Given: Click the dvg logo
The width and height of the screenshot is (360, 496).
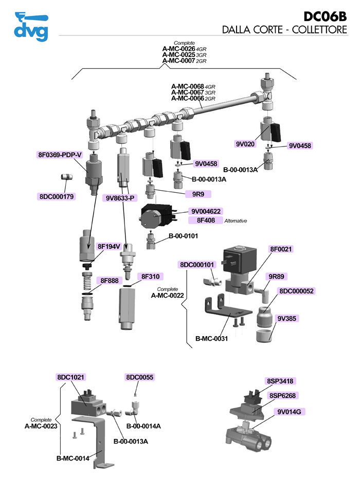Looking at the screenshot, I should (x=31, y=26).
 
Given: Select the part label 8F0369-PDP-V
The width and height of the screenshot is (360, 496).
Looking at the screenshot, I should (x=60, y=155).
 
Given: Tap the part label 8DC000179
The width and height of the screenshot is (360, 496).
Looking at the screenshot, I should (x=57, y=196).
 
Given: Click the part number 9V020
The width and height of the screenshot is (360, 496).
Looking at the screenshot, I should (x=245, y=144).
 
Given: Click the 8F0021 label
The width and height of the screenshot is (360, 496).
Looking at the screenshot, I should (x=281, y=249).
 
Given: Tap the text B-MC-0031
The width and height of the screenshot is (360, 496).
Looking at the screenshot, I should (x=212, y=338).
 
